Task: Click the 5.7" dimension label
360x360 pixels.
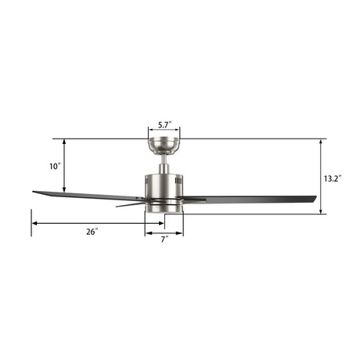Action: click(x=164, y=124)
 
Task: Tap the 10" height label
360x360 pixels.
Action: click(x=54, y=167)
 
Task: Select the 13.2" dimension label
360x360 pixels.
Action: click(x=332, y=178)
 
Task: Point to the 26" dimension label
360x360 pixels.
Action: click(x=92, y=232)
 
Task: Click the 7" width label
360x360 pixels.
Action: click(x=164, y=239)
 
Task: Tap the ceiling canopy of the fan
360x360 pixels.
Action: click(x=164, y=145)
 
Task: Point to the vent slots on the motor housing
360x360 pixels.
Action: click(x=178, y=181)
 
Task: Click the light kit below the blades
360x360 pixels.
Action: click(x=164, y=207)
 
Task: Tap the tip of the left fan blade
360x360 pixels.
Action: click(x=35, y=192)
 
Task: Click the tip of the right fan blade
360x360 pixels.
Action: click(x=314, y=199)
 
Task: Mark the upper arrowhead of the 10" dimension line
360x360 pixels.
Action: click(x=64, y=142)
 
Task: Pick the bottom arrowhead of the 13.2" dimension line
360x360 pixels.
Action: click(x=321, y=212)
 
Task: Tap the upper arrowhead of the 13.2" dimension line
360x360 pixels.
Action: click(x=321, y=142)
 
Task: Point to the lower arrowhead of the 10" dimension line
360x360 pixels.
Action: click(x=64, y=193)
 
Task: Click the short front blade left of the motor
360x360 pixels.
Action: click(x=130, y=204)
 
